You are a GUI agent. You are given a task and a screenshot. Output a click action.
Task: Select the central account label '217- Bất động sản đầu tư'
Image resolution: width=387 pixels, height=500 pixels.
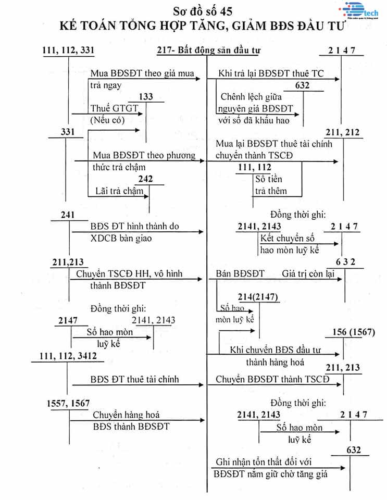point(208,50)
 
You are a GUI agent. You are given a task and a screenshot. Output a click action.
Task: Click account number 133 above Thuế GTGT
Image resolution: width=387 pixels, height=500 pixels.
point(147,97)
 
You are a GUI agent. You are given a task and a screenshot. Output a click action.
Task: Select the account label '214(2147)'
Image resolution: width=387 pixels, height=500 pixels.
point(258,297)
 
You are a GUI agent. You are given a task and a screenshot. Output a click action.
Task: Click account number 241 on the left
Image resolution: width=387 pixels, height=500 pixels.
point(67,215)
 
